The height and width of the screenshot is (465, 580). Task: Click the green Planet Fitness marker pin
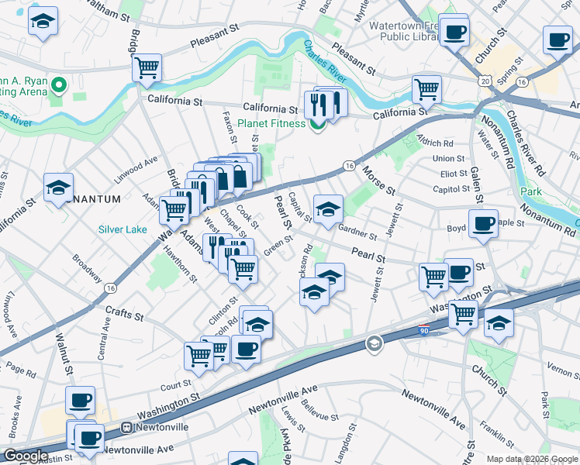click(x=317, y=124)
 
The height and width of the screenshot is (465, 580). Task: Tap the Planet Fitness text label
click(x=272, y=123)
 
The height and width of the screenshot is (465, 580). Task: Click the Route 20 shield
click(x=485, y=81)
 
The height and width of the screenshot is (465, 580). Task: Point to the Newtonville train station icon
click(x=126, y=427)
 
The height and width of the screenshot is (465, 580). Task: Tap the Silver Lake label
click(x=122, y=229)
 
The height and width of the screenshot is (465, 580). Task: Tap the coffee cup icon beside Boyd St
click(x=484, y=224)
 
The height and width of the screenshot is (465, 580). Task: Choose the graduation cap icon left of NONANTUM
click(x=58, y=188)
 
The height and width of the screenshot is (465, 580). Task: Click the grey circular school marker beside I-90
click(x=375, y=343)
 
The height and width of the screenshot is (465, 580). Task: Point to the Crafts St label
click(x=125, y=316)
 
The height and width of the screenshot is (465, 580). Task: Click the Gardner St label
click(x=357, y=231)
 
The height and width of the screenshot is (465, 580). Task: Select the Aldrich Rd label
click(x=435, y=143)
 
